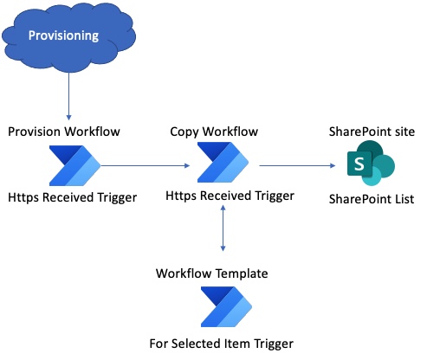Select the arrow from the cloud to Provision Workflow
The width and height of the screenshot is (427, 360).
(x=68, y=95)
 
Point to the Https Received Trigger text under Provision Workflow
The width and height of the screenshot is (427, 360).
(x=72, y=198)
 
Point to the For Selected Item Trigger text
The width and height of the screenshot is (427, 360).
(x=222, y=343)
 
